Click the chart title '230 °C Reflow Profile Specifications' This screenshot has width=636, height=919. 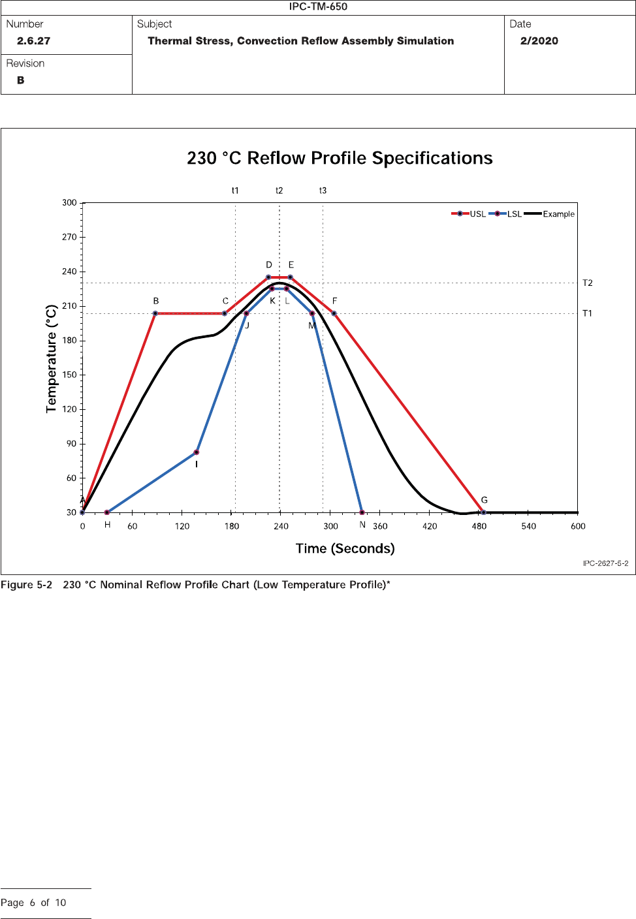coord(340,159)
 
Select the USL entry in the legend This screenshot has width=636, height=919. coord(469,214)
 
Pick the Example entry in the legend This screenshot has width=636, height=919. coord(550,214)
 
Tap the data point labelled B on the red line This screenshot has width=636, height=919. coord(155,314)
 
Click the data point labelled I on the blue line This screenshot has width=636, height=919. coord(197,452)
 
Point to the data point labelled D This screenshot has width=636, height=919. coord(268,277)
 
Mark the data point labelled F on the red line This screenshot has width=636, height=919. coord(334,314)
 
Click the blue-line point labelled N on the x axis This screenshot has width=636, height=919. coord(362,512)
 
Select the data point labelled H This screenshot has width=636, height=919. coord(107,512)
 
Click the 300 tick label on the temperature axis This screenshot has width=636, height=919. coord(69,203)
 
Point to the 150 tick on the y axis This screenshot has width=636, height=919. coord(69,375)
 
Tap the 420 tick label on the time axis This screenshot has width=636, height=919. coord(430,526)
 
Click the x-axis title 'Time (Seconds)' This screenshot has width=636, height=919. coord(345,548)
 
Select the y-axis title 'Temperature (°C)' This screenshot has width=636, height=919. coord(52,358)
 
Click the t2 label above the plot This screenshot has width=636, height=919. coord(279,191)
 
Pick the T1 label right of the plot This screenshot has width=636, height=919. coord(587,314)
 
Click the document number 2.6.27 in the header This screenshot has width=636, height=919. coord(33,41)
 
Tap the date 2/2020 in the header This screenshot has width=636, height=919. coord(539,41)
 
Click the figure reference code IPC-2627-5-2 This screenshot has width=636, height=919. coord(605,563)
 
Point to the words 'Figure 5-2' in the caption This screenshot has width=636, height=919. coord(26,585)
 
